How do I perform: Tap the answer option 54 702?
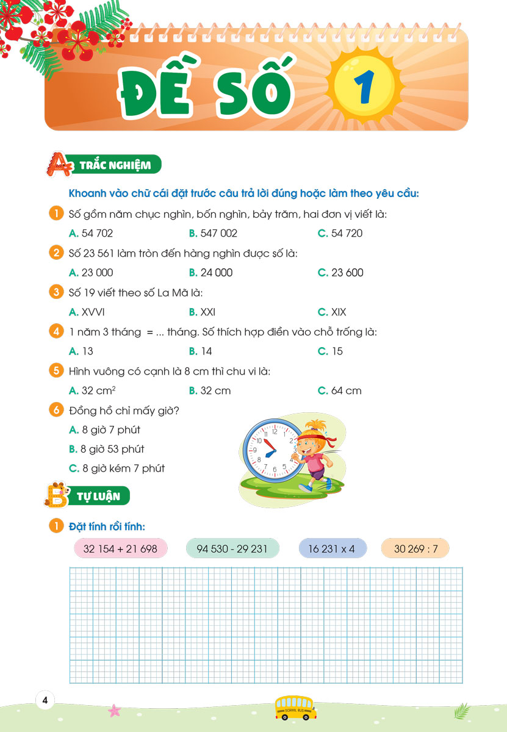[x=92, y=233]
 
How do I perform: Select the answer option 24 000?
[x=211, y=273]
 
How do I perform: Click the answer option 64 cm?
[x=340, y=390]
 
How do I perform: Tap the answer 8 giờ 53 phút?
[x=107, y=449]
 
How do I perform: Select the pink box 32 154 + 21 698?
[x=120, y=548]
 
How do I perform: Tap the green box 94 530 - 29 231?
[x=232, y=548]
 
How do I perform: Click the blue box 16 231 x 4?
[x=333, y=548]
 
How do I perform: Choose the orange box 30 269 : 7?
[x=415, y=548]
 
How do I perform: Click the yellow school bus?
[x=295, y=707]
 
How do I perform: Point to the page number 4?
[x=45, y=700]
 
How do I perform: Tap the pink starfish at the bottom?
[x=114, y=709]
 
